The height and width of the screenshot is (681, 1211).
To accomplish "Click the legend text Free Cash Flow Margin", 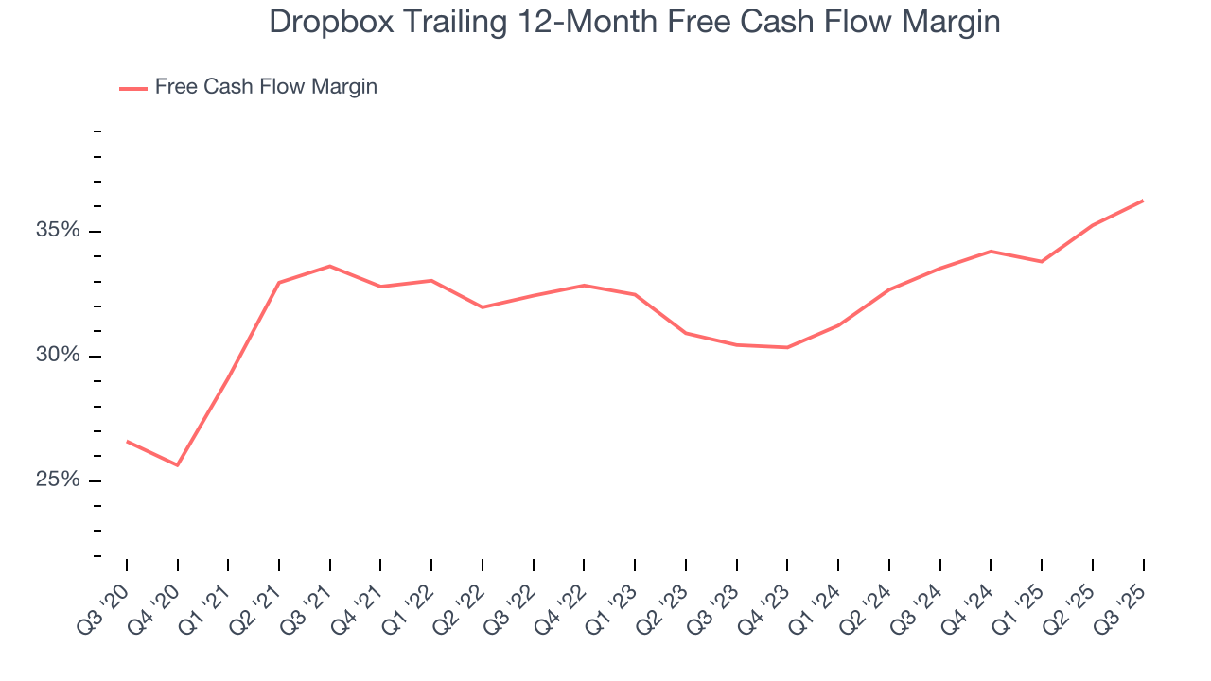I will click(x=266, y=87).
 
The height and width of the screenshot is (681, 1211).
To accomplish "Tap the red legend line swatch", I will click(x=132, y=88).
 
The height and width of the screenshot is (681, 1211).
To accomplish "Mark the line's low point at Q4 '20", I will click(x=177, y=465).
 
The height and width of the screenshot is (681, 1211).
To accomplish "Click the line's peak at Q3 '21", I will click(x=330, y=266).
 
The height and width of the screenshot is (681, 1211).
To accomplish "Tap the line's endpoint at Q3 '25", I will click(x=1143, y=201).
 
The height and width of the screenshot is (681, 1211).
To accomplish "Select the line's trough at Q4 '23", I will click(x=787, y=347).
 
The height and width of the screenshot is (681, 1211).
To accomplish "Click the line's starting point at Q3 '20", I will click(x=127, y=441).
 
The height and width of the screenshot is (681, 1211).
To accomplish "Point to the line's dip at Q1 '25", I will click(x=1042, y=261).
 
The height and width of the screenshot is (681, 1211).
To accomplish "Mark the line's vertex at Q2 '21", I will click(x=279, y=282).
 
